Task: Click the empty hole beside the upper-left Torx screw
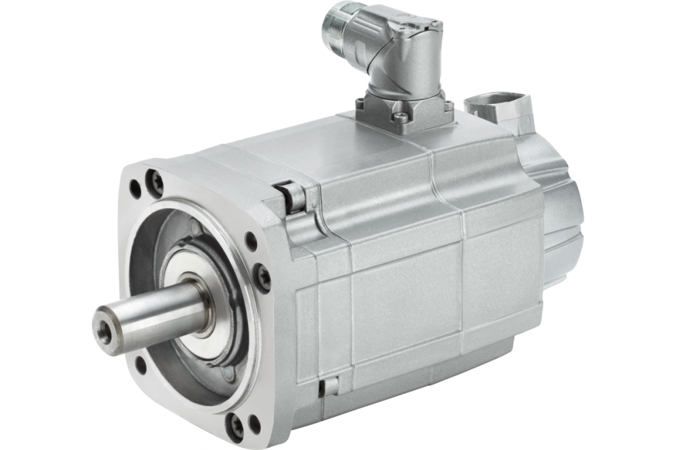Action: [x=136, y=189]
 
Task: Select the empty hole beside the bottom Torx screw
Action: [x=255, y=425]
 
